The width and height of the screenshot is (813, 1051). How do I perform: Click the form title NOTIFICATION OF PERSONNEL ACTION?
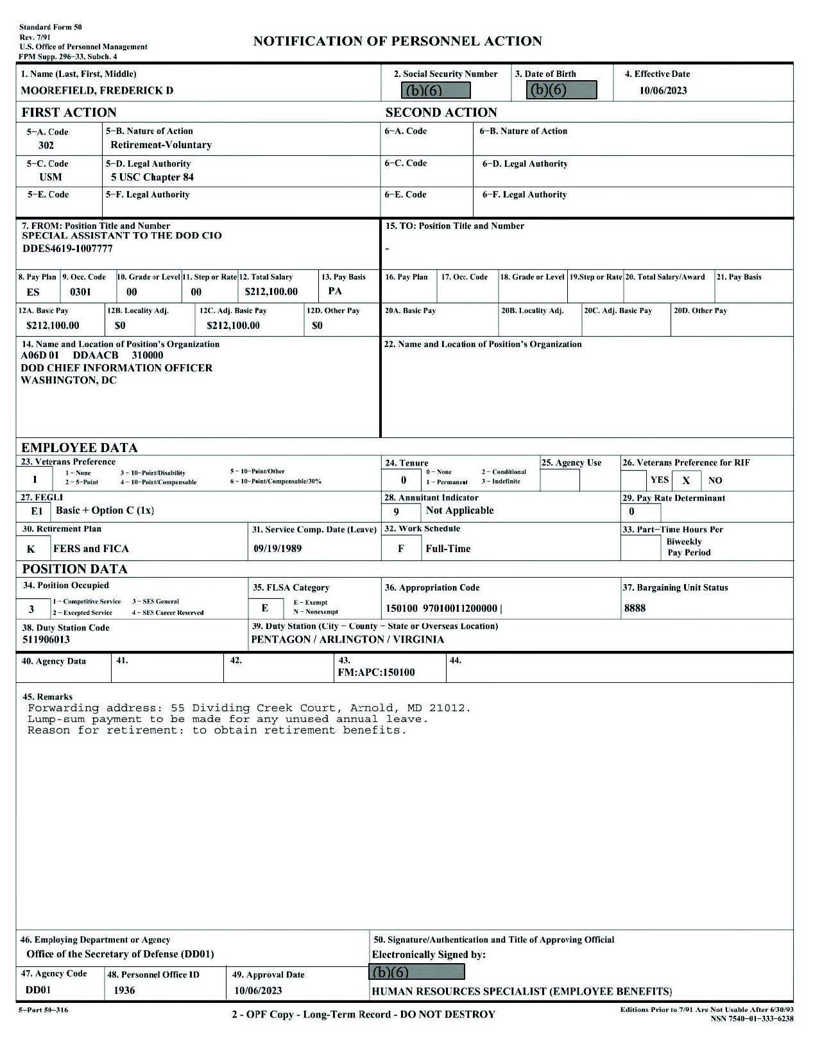[x=397, y=42]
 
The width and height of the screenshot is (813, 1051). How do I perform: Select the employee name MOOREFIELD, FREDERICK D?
[x=97, y=90]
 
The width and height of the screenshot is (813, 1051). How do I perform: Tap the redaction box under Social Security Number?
[x=436, y=90]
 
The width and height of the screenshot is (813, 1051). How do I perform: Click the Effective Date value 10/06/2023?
[x=663, y=90]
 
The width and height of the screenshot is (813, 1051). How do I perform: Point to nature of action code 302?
[x=46, y=146]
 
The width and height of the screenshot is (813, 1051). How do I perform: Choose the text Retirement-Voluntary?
[x=161, y=145]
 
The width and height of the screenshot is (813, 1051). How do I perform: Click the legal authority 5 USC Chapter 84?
[x=152, y=177]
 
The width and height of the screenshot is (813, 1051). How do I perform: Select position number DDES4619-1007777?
[x=67, y=249]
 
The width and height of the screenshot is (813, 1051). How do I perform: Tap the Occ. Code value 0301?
[x=80, y=292]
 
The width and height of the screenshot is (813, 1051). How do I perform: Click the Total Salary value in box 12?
[x=271, y=292]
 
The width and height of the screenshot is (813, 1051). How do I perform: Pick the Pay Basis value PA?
[x=335, y=291]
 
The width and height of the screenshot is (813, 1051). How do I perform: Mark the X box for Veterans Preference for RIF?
[x=686, y=480]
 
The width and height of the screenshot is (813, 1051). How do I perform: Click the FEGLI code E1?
[x=37, y=511]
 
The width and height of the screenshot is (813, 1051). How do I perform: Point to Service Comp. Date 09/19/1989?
[x=277, y=548]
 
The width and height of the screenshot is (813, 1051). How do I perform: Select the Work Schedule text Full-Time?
[x=448, y=548]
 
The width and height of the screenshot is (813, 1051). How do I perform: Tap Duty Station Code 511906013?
[x=46, y=639]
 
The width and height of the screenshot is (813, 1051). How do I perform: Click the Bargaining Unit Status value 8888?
[x=635, y=608]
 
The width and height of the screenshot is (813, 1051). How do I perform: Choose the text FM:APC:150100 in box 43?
[x=376, y=672]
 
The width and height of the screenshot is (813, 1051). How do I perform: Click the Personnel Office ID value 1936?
[x=124, y=990]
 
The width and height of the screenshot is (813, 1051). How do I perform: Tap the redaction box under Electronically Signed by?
[x=418, y=972]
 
